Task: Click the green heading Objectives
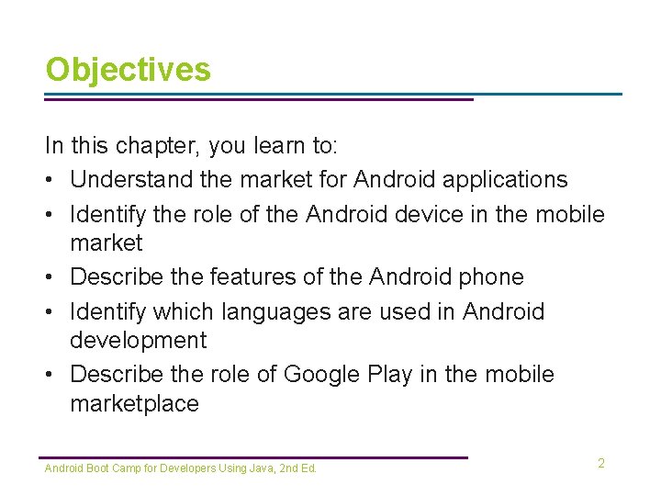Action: (128, 70)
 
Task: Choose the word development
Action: (139, 340)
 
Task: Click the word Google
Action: (323, 375)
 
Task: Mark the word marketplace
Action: (134, 404)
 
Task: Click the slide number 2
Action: (601, 464)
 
